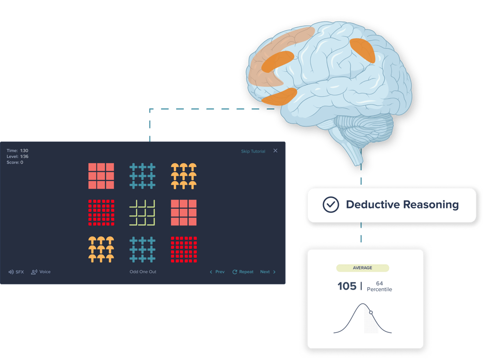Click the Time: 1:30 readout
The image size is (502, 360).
pyautogui.click(x=18, y=150)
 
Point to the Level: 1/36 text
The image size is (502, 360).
pyautogui.click(x=18, y=156)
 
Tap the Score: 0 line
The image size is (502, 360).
pyautogui.click(x=15, y=162)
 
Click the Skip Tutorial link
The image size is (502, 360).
pyautogui.click(x=253, y=151)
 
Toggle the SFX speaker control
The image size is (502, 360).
pyautogui.click(x=16, y=272)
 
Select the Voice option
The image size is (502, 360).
pyautogui.click(x=41, y=272)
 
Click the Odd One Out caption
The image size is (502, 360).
pyautogui.click(x=141, y=272)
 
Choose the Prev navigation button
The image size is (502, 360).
pyautogui.click(x=217, y=272)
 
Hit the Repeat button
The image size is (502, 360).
pyautogui.click(x=243, y=272)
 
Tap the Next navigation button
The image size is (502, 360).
pyautogui.click(x=268, y=272)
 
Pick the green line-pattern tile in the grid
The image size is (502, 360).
pyautogui.click(x=143, y=212)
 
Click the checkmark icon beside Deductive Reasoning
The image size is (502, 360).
pyautogui.click(x=330, y=205)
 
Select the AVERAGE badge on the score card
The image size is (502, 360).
pyautogui.click(x=362, y=268)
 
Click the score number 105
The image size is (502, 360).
pyautogui.click(x=347, y=286)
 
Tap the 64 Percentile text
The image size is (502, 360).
pyautogui.click(x=379, y=286)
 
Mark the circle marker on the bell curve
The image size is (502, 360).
pyautogui.click(x=371, y=312)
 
